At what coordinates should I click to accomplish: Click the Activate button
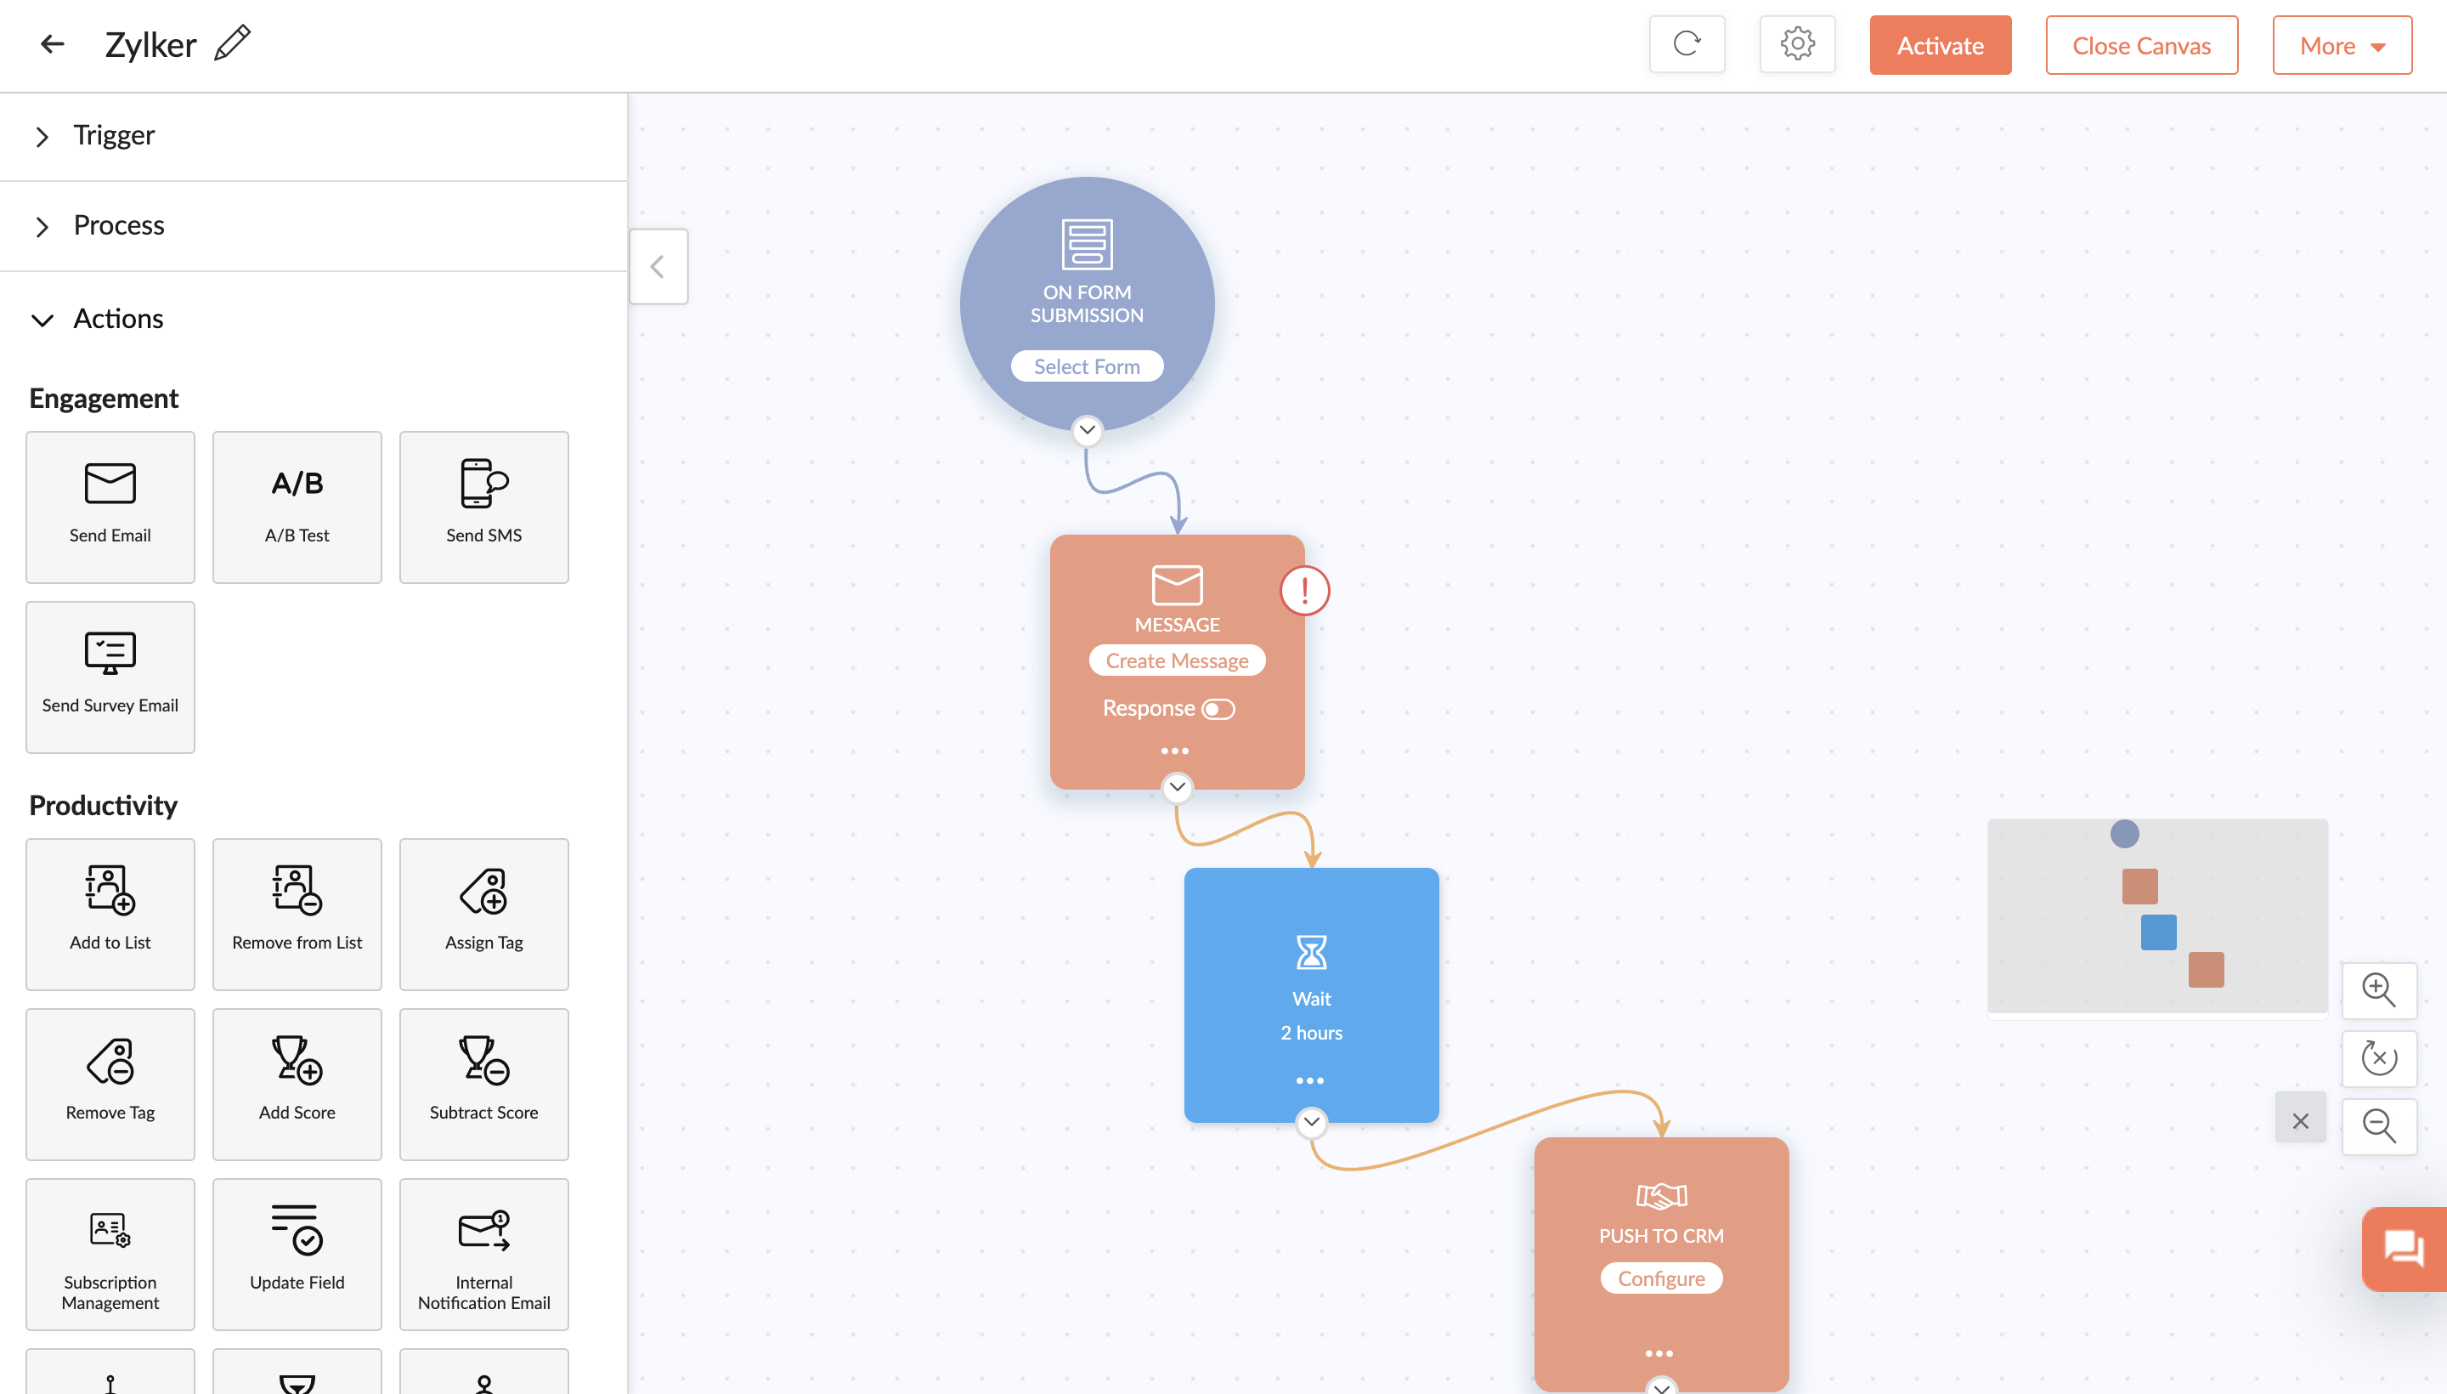click(x=1940, y=45)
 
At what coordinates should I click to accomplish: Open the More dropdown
click(x=2342, y=45)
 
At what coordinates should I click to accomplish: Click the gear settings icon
click(x=1797, y=44)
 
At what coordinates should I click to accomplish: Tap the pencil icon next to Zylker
click(x=233, y=43)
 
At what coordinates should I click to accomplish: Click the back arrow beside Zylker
click(x=53, y=43)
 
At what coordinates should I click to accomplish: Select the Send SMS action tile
click(x=484, y=507)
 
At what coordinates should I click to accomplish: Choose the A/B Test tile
click(x=297, y=507)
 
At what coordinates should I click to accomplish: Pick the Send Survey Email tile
click(x=110, y=677)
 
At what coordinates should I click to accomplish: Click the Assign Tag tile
click(x=484, y=915)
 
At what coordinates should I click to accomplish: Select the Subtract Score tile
click(x=484, y=1084)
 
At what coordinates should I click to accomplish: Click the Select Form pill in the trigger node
click(x=1087, y=366)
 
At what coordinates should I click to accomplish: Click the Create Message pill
click(x=1177, y=660)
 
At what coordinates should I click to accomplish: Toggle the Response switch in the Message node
click(x=1218, y=710)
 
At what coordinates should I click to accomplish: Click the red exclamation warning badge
click(x=1304, y=590)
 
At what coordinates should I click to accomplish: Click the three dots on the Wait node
click(x=1309, y=1081)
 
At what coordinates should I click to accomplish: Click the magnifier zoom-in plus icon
click(x=2378, y=990)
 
